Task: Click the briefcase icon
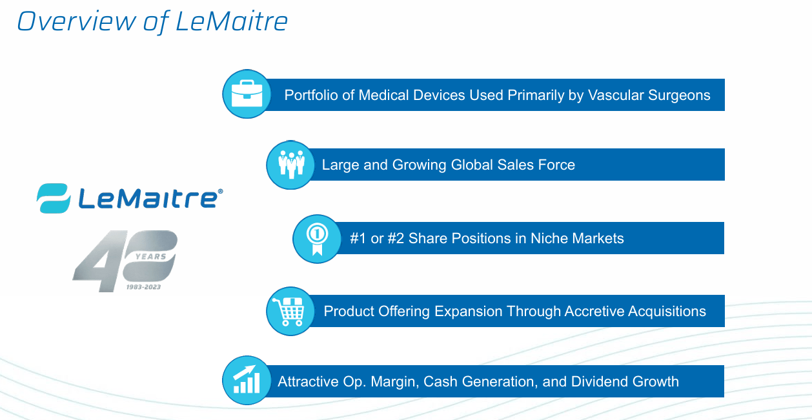tap(247, 94)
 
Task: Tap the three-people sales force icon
tap(290, 165)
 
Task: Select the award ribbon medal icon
tap(317, 239)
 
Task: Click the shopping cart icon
tap(290, 311)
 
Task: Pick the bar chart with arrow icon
tap(246, 380)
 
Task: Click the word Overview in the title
tap(76, 21)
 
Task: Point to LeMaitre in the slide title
tap(231, 21)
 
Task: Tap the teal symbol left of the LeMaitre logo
tap(53, 198)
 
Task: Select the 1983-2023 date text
tap(143, 286)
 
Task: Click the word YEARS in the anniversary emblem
tap(150, 256)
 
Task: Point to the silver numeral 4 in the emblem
tap(97, 261)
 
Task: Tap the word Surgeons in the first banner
tap(680, 95)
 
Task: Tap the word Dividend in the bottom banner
tap(598, 381)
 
